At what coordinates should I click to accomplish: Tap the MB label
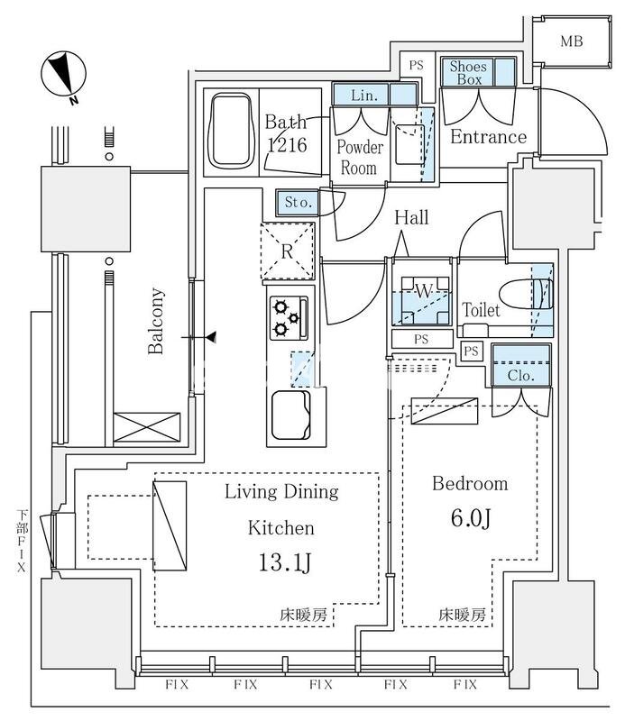pos(571,41)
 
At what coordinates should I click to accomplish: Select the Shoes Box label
pos(468,72)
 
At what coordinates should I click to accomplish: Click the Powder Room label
pos(360,157)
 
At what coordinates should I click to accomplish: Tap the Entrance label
pos(488,137)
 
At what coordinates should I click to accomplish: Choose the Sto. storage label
pos(299,202)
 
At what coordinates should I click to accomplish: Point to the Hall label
pos(410,218)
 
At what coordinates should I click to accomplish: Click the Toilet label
pos(481,310)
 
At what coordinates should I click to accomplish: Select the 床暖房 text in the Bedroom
pos(463,615)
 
